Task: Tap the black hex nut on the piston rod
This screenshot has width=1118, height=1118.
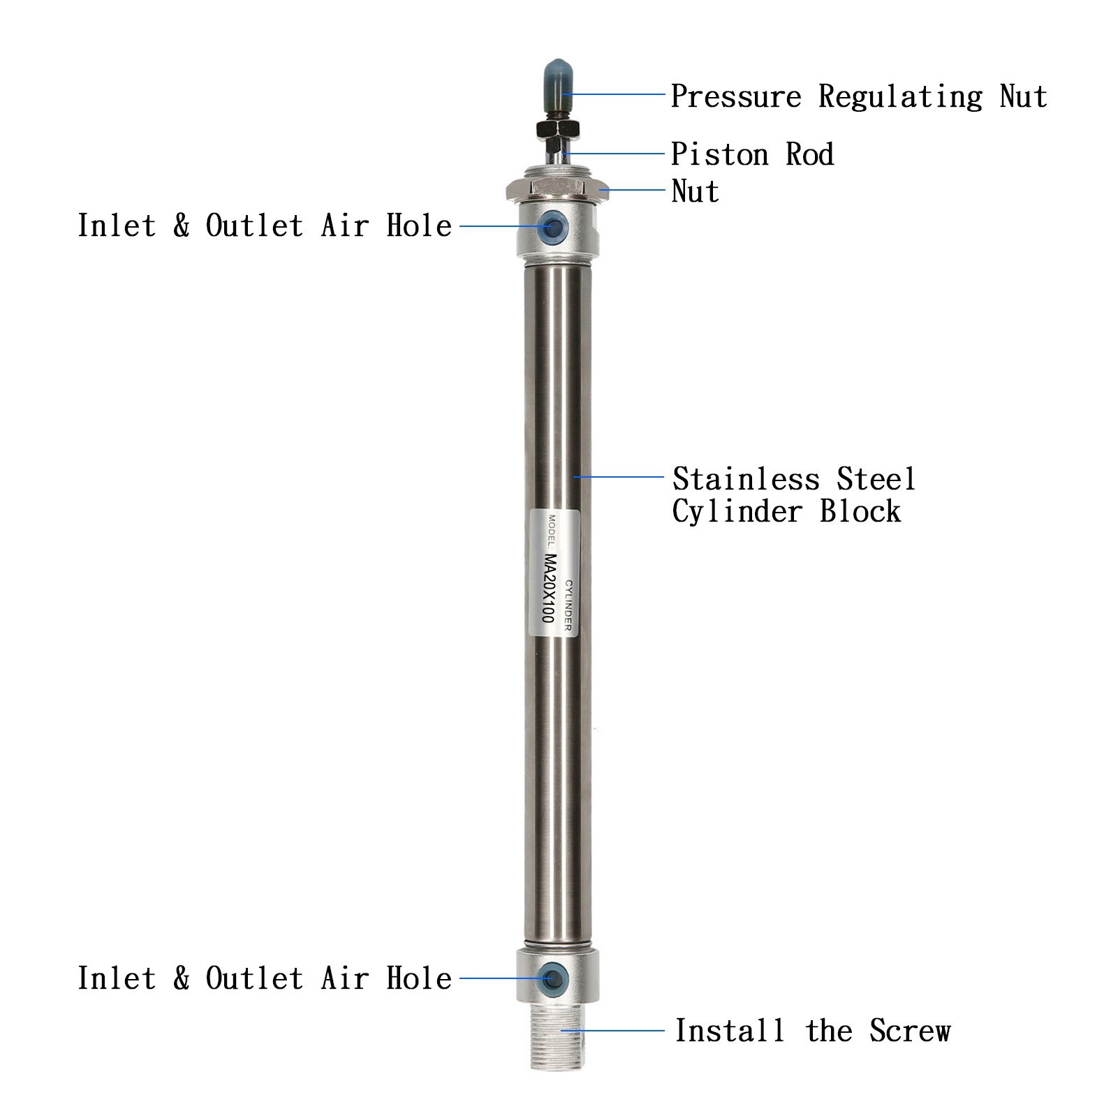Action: point(557,128)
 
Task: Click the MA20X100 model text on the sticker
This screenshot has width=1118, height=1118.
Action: point(550,589)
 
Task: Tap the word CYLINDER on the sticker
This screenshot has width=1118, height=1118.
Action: point(568,605)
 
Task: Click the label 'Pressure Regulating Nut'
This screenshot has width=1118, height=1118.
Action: point(858,96)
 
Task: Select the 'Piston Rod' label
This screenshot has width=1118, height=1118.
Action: point(752,154)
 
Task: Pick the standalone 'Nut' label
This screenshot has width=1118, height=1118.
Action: point(695,191)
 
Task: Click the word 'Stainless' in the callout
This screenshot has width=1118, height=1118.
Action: point(746,479)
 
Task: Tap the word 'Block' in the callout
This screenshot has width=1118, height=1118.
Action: point(860,511)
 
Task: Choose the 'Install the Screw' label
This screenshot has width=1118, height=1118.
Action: point(812,1031)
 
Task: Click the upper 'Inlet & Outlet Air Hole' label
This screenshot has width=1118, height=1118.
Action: point(265,226)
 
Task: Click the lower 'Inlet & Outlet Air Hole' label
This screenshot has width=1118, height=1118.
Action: point(265,978)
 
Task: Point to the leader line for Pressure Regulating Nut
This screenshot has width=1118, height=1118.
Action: point(615,94)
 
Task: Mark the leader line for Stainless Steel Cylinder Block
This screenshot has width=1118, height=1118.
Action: point(618,477)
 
